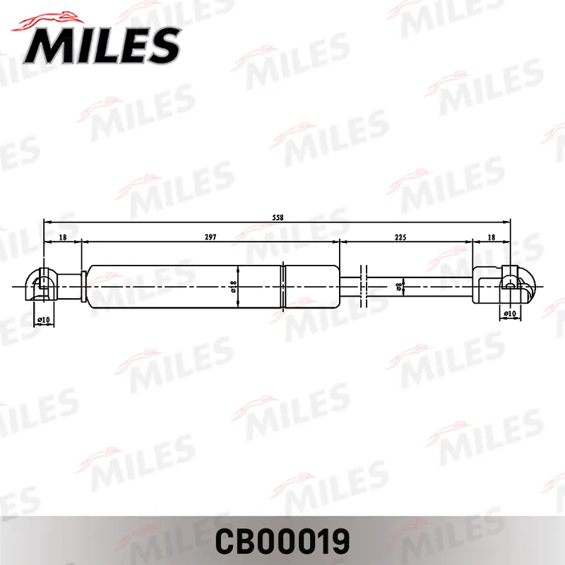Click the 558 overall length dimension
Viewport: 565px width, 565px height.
click(278, 218)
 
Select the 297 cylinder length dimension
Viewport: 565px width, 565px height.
click(210, 237)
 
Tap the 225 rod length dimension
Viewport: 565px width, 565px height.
click(400, 237)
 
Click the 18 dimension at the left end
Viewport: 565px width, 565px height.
click(63, 237)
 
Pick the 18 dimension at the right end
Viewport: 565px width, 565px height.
click(491, 237)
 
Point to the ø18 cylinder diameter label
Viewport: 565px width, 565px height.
click(233, 287)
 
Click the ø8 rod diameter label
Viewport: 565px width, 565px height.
click(399, 287)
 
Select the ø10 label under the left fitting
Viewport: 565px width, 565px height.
click(44, 320)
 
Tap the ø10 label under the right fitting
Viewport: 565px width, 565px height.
click(510, 314)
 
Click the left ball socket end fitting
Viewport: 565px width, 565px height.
click(40, 285)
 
